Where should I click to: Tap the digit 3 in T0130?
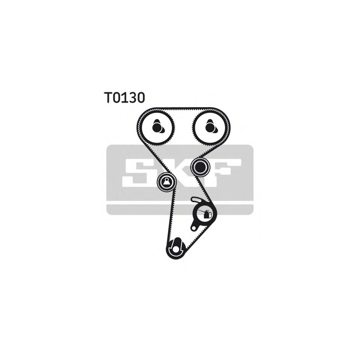132,97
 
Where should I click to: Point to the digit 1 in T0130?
124,97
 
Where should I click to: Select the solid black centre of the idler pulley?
200,167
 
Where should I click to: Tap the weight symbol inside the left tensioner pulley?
166,182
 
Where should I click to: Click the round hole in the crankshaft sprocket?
175,249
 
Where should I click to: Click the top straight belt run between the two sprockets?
183,109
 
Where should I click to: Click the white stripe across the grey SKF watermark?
180,203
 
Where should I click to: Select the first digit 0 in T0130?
117,97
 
